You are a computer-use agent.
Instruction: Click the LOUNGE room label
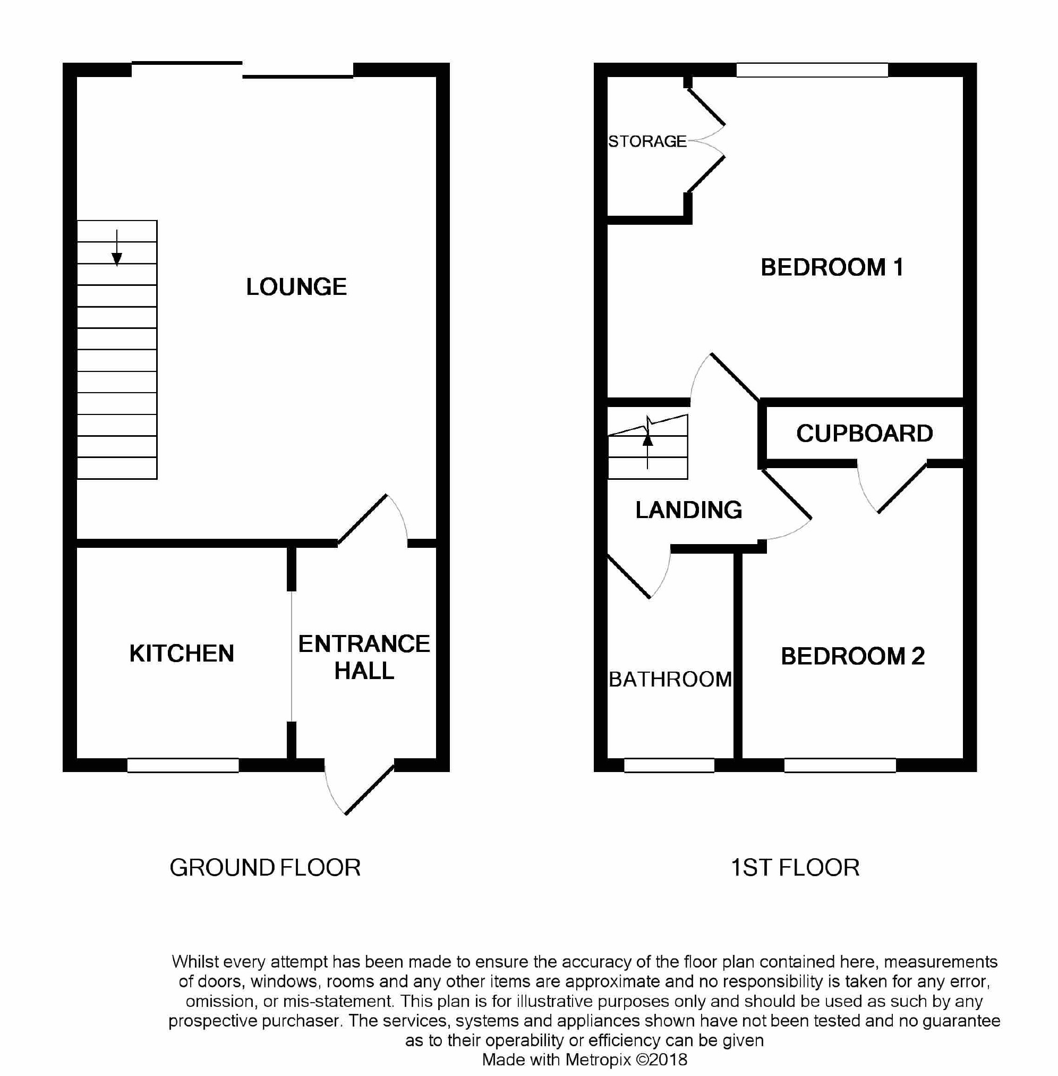pos(296,287)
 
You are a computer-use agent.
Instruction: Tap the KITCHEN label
pos(182,654)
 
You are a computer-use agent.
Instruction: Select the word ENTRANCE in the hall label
pos(364,644)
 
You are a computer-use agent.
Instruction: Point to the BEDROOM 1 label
pos(832,267)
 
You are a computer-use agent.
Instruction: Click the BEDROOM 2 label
pos(852,656)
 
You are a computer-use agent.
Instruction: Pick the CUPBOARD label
pos(864,434)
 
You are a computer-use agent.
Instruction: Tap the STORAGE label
pos(647,142)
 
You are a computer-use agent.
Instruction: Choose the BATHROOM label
pos(670,679)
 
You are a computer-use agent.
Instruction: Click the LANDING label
pos(688,510)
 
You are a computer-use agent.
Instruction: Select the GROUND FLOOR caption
pos(265,868)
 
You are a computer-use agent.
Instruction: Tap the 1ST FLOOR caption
pos(795,868)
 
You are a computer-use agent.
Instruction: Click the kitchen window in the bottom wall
pos(183,765)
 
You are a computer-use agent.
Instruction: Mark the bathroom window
pos(669,765)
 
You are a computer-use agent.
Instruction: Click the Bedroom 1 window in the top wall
pos(812,70)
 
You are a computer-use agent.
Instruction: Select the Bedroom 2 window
pos(840,765)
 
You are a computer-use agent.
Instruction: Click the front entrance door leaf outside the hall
pos(370,790)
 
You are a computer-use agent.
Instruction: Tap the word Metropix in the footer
pos(598,1060)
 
